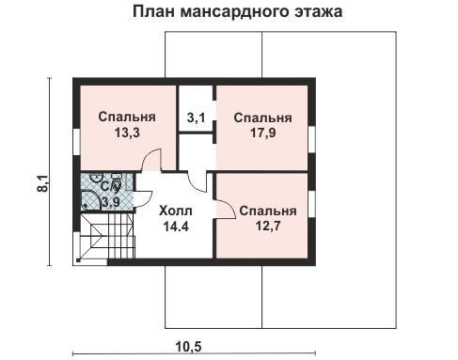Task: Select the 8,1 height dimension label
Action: [x=42, y=183]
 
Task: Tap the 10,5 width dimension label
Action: [x=188, y=347]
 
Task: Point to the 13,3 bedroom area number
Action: [x=127, y=133]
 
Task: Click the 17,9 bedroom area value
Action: [x=263, y=133]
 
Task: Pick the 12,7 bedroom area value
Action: [x=268, y=226]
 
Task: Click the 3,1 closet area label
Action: [x=196, y=118]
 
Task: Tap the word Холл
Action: [x=176, y=211]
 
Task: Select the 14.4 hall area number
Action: [x=176, y=227]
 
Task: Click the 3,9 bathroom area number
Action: [x=110, y=203]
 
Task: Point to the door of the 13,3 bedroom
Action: [x=151, y=160]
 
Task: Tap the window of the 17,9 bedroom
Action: [x=311, y=139]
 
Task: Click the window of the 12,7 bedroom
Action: [x=311, y=204]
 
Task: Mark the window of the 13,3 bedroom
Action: [x=77, y=142]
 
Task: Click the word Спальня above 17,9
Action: [x=262, y=118]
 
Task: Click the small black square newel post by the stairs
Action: [x=78, y=260]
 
